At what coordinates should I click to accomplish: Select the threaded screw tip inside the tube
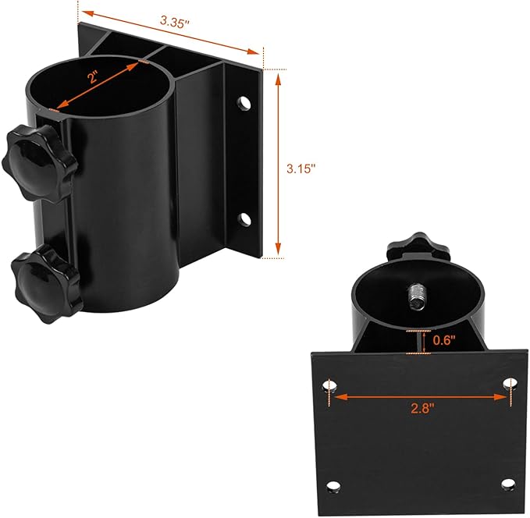click(418, 296)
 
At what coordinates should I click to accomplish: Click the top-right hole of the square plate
click(510, 384)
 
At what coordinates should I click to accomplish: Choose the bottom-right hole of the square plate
click(508, 484)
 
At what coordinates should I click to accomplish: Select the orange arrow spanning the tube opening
click(97, 86)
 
